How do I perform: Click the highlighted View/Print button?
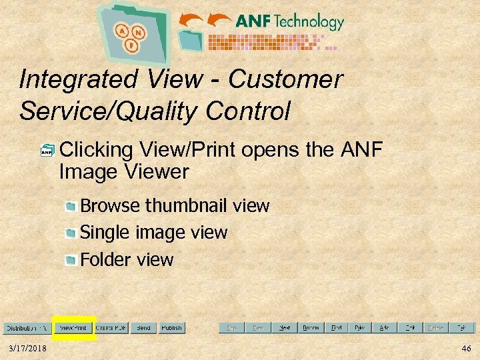[x=73, y=328]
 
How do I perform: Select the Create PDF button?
[x=111, y=328]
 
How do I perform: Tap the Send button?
[x=143, y=328]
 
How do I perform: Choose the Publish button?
[x=171, y=328]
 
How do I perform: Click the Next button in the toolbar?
[x=284, y=328]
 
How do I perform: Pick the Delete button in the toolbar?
[x=435, y=328]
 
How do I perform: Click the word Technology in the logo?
[x=308, y=21]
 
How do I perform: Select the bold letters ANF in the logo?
[x=253, y=21]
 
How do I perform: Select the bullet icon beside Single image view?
[x=70, y=233]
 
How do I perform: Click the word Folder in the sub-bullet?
[x=102, y=259]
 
